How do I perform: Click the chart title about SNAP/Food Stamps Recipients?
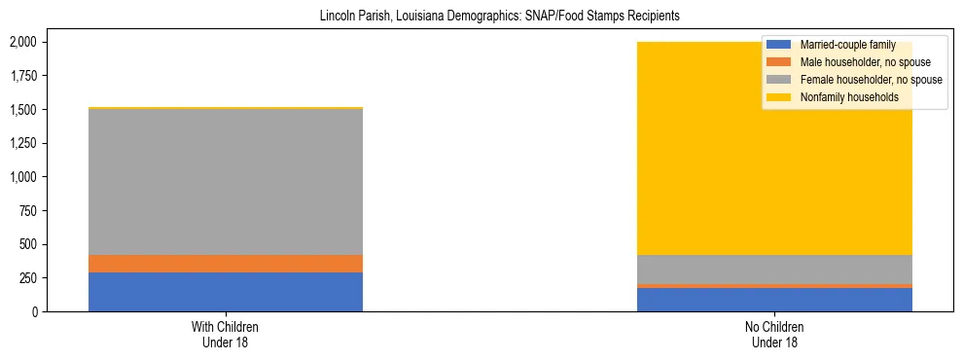coord(499,17)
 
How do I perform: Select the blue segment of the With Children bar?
coord(226,292)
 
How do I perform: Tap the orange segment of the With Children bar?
coord(226,264)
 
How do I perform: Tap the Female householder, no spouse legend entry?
coord(870,80)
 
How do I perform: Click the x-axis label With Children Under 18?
coord(226,335)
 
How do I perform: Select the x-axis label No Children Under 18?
coord(774,335)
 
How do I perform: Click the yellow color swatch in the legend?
coord(779,97)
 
